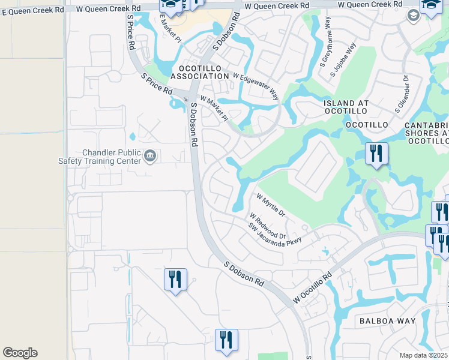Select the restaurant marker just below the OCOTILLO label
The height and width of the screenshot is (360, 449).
pos(376,154)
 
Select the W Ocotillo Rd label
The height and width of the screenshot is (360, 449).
pos(313,289)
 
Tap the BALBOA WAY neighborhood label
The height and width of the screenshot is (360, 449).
pos(387,321)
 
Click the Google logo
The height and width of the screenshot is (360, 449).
pos(20,353)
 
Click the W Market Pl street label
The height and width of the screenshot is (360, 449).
pos(214,108)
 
